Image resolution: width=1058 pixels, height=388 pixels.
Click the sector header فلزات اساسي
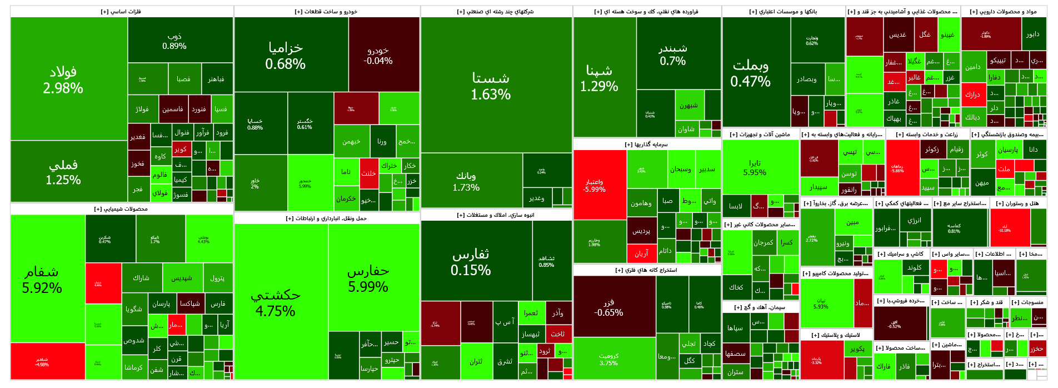tap(121, 11)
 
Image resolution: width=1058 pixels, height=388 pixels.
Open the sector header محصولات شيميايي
tap(121, 209)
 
